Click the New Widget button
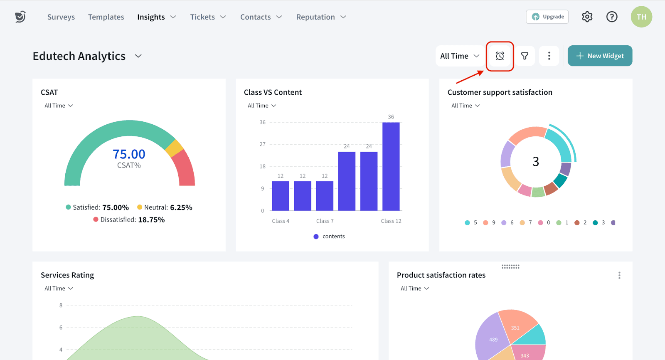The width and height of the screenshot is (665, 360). [600, 56]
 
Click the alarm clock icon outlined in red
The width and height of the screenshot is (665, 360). [500, 56]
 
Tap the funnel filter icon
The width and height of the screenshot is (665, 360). [525, 56]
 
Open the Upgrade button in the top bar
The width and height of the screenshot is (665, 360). [547, 17]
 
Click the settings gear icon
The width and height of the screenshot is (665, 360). [587, 17]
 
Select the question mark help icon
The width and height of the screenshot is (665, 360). [612, 17]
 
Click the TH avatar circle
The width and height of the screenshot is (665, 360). [641, 17]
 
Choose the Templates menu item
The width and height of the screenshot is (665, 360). [106, 17]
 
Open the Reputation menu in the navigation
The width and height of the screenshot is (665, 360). [321, 17]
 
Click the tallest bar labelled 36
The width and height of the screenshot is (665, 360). [391, 166]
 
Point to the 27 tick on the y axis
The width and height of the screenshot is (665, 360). [262, 144]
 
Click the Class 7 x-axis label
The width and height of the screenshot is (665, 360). [325, 221]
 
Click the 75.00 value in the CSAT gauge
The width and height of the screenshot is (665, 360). [129, 154]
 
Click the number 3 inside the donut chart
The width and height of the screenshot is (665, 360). [536, 161]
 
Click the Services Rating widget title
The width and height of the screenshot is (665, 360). [67, 275]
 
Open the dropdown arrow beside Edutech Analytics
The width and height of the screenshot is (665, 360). [138, 56]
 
